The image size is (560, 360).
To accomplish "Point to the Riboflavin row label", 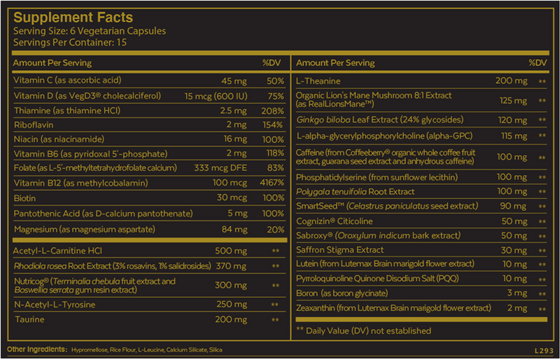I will [34, 124].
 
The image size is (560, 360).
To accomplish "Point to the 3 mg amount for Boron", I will [518, 293].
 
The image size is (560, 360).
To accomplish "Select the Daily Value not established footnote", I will [363, 331].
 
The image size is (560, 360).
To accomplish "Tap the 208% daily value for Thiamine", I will [270, 109].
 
